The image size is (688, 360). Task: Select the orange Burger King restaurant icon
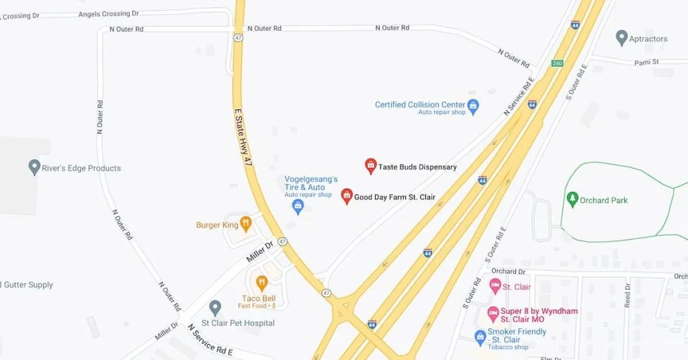click(x=246, y=224)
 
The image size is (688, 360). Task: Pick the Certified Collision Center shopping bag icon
click(x=473, y=105)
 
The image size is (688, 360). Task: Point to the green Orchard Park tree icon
click(x=572, y=199)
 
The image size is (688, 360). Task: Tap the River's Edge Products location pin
click(x=34, y=167)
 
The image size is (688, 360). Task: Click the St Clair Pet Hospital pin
click(x=215, y=308)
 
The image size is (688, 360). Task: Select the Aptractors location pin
click(x=621, y=38)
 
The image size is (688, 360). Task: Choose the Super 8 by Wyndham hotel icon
click(x=493, y=314)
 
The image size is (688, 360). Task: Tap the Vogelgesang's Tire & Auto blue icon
click(x=298, y=207)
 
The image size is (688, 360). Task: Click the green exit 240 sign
click(x=557, y=63)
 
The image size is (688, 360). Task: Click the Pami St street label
click(x=647, y=62)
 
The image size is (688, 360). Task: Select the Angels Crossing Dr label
click(x=108, y=13)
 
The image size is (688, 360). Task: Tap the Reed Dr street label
click(x=628, y=296)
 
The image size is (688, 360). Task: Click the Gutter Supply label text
click(x=28, y=285)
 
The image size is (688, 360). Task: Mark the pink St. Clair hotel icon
click(x=495, y=287)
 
